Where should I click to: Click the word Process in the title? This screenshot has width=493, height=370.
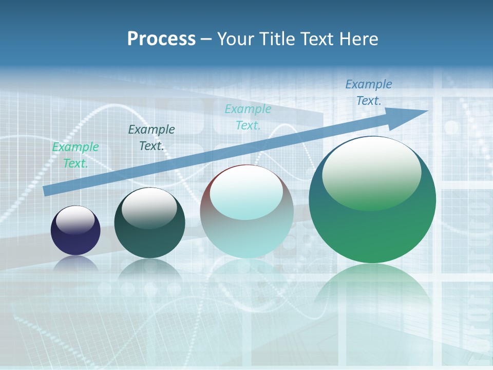161,39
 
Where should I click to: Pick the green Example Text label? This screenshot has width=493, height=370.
75,155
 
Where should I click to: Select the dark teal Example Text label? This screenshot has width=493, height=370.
151,137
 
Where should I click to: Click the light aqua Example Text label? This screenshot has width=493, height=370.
248,117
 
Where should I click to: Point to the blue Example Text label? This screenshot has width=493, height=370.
369,92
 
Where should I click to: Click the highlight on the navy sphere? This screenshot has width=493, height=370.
75,220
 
